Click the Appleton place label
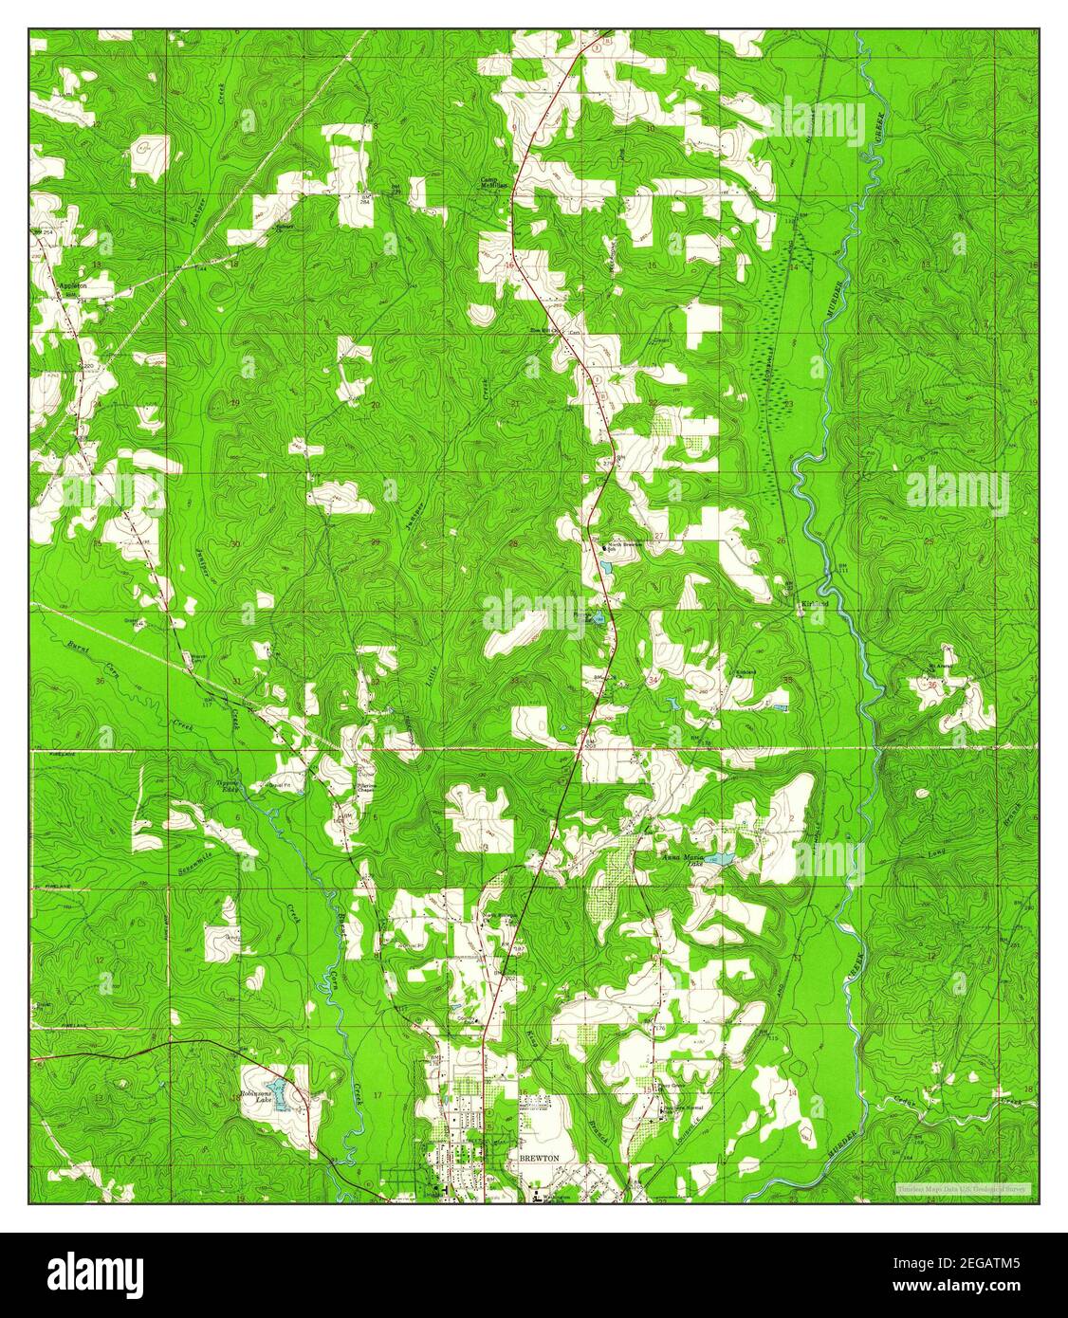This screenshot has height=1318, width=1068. coord(72,284)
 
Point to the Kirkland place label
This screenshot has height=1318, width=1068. coord(814,603)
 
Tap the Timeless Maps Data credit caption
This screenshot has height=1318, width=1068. coord(966,1188)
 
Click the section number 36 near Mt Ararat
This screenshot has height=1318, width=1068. coord(933,685)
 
